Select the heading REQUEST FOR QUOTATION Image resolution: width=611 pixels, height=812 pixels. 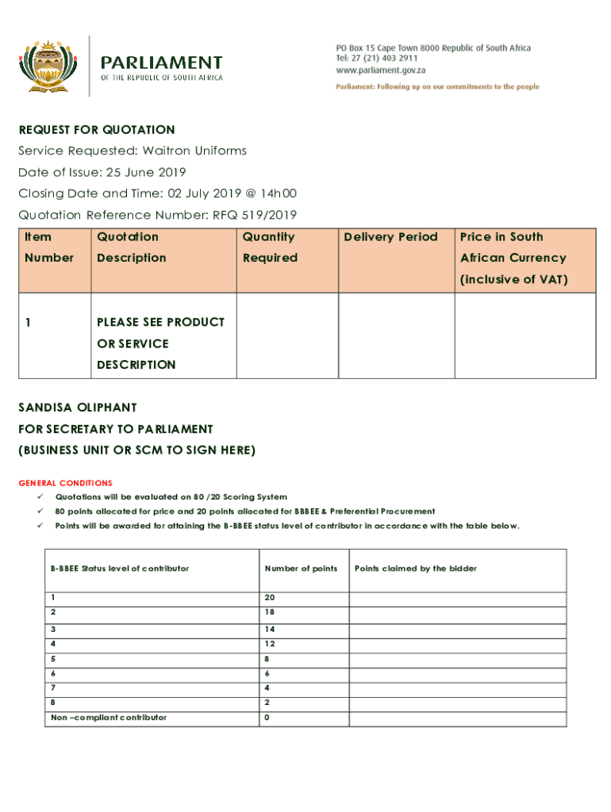[x=97, y=129]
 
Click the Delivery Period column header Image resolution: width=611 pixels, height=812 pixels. [x=390, y=236]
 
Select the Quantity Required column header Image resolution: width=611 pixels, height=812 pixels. [x=270, y=247]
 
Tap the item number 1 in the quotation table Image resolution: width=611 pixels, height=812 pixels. [x=29, y=322]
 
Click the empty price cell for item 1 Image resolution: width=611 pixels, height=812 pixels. [x=525, y=335]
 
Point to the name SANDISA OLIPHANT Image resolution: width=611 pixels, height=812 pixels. [x=78, y=408]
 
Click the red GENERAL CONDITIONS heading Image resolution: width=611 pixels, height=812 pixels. [x=65, y=483]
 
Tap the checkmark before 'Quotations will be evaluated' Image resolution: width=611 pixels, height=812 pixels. [x=39, y=496]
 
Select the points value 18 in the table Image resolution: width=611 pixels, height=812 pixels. [x=270, y=613]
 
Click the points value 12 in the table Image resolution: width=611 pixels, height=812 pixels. [x=270, y=644]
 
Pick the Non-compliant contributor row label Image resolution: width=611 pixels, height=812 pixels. [x=109, y=718]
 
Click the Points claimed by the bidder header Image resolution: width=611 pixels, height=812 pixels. [x=416, y=569]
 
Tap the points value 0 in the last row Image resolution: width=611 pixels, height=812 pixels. [x=267, y=718]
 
